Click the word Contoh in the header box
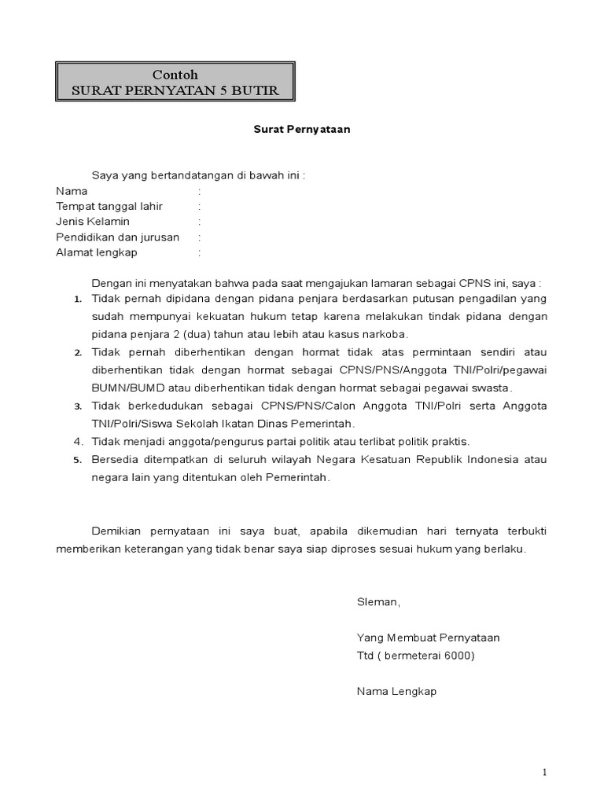point(175,74)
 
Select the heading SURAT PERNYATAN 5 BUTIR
point(175,90)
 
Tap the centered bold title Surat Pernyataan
point(301,130)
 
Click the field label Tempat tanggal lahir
point(109,206)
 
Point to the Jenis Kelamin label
point(93,222)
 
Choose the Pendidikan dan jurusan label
point(118,237)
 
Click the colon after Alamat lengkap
point(200,252)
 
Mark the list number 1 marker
point(78,300)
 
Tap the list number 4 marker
point(78,442)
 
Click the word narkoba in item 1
point(385,334)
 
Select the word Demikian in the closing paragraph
point(117,531)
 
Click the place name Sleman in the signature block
point(377,602)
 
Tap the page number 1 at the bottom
point(543,772)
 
